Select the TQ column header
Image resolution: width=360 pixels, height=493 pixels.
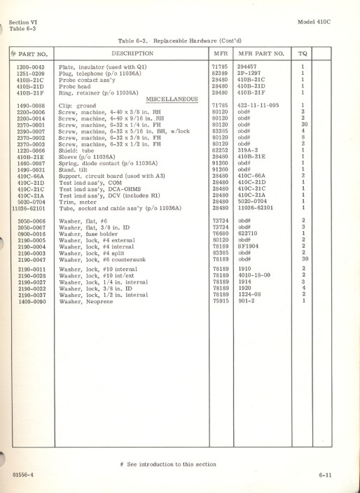tap(303, 53)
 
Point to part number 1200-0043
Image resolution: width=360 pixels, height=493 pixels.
tap(31, 66)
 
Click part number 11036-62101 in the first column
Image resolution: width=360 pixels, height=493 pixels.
tap(31, 207)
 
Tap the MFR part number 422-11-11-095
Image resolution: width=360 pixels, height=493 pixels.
tap(258, 104)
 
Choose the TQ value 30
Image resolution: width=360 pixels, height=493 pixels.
tap(303, 258)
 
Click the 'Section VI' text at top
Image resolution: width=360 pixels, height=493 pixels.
tap(25, 22)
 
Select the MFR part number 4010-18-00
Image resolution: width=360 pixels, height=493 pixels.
tap(254, 275)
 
